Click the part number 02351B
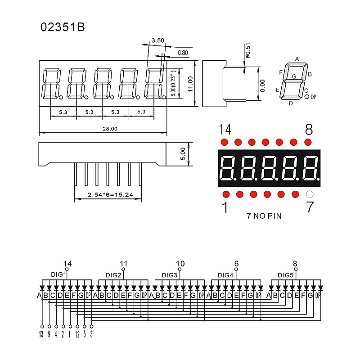[63, 27]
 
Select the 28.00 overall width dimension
[110, 129]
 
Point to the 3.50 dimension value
[157, 40]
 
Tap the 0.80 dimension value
[183, 53]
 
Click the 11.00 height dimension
[190, 83]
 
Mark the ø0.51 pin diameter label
[248, 53]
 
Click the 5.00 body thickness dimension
[183, 154]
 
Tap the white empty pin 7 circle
[309, 194]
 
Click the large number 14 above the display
[225, 130]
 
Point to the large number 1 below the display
[225, 208]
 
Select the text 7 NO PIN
[264, 216]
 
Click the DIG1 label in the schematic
[58, 274]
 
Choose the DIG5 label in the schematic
[285, 275]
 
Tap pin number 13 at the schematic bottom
[41, 334]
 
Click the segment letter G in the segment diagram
[294, 76]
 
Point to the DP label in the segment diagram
[314, 97]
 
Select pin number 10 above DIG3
[180, 264]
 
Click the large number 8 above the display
[309, 130]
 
